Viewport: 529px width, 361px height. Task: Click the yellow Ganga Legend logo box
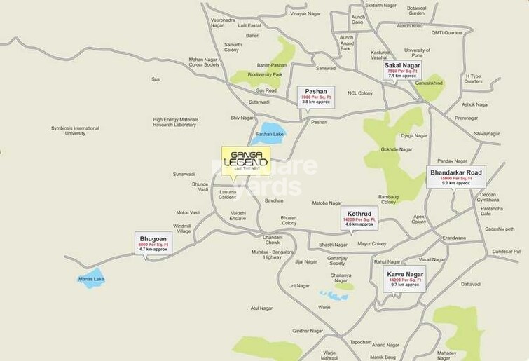tap(246, 161)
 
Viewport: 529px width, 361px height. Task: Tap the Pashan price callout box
tap(316, 96)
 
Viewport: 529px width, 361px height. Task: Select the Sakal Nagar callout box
tap(401, 71)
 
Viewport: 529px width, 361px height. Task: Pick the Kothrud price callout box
tap(359, 217)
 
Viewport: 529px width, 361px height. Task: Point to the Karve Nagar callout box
tap(406, 278)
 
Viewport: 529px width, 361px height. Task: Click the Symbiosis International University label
tap(76, 130)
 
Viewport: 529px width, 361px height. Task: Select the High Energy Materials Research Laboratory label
tap(175, 122)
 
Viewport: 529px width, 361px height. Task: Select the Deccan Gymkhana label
tap(488, 197)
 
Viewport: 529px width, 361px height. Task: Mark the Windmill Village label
tap(182, 229)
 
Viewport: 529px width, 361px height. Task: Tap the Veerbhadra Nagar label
tap(224, 22)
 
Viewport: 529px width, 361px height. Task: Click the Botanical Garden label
tap(417, 11)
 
